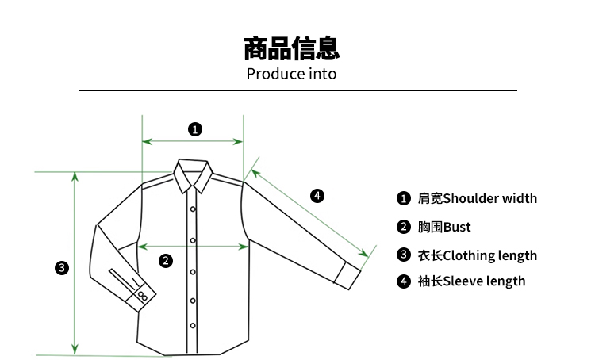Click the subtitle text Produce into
point(291,74)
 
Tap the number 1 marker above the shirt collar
point(194,128)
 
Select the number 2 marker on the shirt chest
point(166,260)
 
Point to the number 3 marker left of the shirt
point(62,267)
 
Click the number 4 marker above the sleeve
point(317,195)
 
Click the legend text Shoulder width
point(489,198)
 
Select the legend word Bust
point(457,227)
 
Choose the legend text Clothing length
point(489,255)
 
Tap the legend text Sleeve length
point(484,281)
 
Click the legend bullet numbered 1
point(404,198)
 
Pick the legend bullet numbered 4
point(404,281)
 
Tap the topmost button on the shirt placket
point(192,209)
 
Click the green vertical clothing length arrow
point(75,262)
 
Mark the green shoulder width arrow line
point(193,142)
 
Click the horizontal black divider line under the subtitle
point(298,91)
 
